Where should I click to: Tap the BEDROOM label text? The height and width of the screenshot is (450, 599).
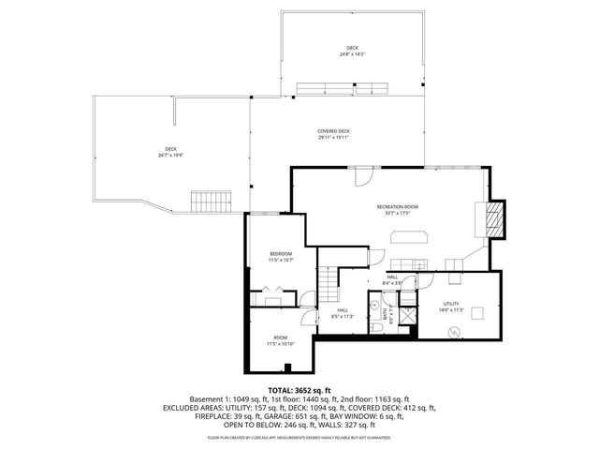(281, 254)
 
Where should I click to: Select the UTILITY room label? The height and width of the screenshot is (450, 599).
(451, 305)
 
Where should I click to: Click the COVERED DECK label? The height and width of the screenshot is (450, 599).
(332, 131)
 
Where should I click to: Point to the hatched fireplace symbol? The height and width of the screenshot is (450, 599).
(496, 219)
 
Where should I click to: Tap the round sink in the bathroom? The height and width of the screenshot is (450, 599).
(373, 306)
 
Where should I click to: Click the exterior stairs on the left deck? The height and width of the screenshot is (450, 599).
(211, 201)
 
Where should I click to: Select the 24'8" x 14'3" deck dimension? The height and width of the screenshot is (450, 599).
(352, 54)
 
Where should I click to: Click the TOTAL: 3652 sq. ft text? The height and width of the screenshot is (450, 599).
(299, 389)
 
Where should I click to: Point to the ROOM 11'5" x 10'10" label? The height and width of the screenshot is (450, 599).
(280, 340)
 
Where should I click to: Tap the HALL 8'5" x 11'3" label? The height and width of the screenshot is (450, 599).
(343, 313)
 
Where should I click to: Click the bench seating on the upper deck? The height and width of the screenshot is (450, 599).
(343, 89)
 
